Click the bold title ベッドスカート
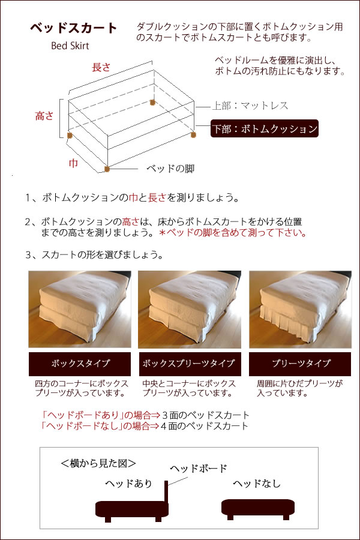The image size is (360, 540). [74, 28]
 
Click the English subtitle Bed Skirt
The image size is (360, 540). [70, 46]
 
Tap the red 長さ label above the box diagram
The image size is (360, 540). [101, 67]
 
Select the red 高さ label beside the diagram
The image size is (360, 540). [45, 116]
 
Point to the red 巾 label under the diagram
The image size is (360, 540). [73, 162]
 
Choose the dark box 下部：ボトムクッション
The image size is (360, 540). [264, 128]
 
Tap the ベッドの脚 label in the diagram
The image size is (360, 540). [170, 168]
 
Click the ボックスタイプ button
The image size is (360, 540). [80, 364]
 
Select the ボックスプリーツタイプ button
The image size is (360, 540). [189, 364]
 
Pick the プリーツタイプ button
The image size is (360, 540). [299, 364]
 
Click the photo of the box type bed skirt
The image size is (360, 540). [80, 309]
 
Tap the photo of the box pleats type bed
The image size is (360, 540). [189, 309]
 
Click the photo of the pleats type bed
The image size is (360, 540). [299, 309]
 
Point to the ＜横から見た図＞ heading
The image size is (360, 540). [98, 463]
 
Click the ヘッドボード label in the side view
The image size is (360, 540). [199, 468]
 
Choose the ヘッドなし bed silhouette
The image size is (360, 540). [258, 507]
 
